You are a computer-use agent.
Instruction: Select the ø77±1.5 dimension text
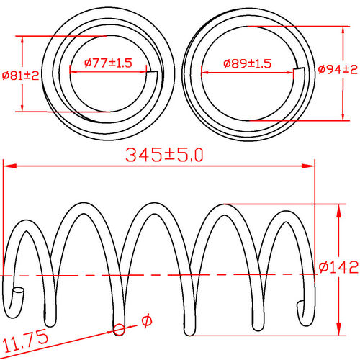coord(108,63)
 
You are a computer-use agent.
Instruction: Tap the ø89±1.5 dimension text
coord(246,63)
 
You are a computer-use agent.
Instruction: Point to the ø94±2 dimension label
coord(338,69)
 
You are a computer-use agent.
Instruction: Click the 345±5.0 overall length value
coord(165,154)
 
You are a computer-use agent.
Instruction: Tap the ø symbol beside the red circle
coord(146,320)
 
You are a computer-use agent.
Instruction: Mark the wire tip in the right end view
coord(299,69)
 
